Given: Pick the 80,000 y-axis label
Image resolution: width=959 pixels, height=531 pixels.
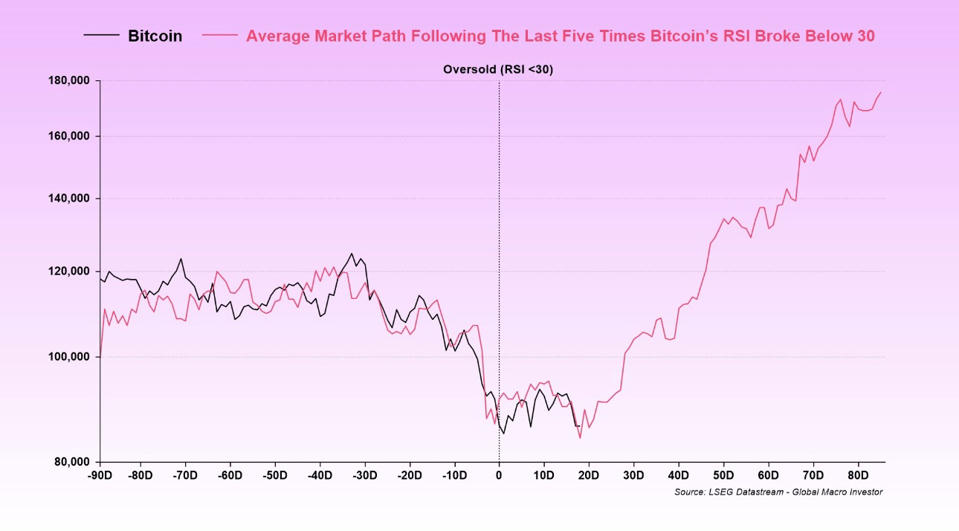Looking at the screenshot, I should click(72, 462).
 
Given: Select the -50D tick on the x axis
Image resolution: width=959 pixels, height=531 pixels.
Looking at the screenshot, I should click(274, 475).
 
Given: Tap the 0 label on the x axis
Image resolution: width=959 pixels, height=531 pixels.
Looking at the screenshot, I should click(499, 475).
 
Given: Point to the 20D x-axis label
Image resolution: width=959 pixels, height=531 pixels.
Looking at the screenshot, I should click(589, 475).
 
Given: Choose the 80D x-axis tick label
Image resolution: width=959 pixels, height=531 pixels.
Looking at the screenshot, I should click(858, 475).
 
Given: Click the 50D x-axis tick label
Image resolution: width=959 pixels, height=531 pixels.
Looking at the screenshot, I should click(723, 475).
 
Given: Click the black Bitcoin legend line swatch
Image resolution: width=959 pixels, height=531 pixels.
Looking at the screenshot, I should click(101, 35).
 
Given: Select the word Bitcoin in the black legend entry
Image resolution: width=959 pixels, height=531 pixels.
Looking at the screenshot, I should click(155, 36).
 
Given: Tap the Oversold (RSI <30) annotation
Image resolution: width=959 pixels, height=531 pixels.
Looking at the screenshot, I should click(498, 69).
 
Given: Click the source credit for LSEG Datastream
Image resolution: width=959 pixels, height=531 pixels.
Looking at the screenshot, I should click(778, 492).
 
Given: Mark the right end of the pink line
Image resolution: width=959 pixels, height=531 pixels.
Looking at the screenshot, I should click(881, 92).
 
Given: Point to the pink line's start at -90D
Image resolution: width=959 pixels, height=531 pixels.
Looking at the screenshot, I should click(100, 355).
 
